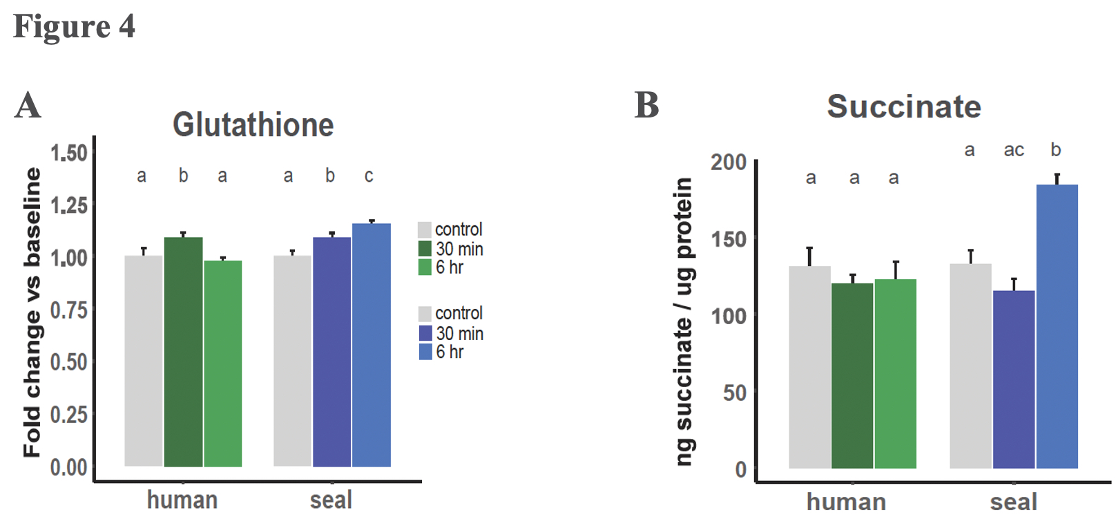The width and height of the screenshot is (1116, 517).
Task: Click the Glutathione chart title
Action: (253, 125)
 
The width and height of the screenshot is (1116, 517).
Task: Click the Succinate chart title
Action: (903, 106)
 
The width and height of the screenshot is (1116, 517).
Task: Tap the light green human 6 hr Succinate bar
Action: (895, 373)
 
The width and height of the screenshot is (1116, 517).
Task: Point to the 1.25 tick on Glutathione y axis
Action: (69, 205)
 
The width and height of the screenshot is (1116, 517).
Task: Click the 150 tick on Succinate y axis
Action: (729, 239)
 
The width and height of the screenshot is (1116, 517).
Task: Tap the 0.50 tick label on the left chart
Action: (69, 362)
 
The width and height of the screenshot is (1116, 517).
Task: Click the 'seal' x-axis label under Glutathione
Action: (331, 500)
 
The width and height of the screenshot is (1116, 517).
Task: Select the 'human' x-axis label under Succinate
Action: (846, 502)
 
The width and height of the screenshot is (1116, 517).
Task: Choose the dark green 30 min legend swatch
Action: (425, 248)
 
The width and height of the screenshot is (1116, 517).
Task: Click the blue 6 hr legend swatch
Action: (425, 352)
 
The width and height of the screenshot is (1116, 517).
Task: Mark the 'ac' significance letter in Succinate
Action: (1013, 150)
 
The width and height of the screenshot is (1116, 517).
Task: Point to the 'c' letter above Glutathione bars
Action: (369, 176)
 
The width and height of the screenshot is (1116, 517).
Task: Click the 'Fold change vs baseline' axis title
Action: (32, 312)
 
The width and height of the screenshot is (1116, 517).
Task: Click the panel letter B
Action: (646, 106)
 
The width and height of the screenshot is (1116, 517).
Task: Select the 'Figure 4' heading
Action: (74, 27)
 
